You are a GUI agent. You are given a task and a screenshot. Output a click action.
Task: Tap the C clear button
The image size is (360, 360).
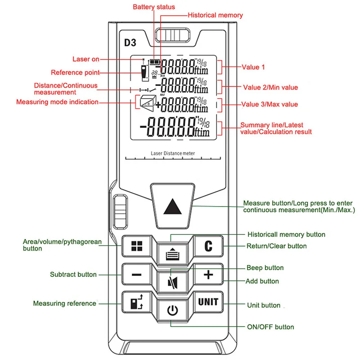[x=208, y=246]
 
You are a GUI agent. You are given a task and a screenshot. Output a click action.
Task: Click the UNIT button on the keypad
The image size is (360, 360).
[x=208, y=302]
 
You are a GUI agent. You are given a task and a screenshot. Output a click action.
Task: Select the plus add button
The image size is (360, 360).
[x=208, y=274]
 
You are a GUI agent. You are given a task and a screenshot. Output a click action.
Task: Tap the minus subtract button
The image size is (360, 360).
[x=137, y=274]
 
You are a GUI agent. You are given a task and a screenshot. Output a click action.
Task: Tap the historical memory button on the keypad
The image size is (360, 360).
[x=173, y=254]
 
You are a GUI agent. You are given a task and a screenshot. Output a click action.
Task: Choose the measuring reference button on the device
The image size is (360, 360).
[x=137, y=302]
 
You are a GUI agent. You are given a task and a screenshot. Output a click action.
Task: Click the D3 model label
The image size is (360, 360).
[x=130, y=43]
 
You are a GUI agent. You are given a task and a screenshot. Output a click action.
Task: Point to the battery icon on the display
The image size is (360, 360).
[x=155, y=62]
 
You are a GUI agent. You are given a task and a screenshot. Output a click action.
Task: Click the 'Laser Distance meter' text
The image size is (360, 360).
[x=173, y=153]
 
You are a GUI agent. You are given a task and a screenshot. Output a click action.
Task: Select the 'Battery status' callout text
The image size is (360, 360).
[x=154, y=7]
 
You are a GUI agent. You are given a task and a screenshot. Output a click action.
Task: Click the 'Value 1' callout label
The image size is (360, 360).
[x=253, y=67]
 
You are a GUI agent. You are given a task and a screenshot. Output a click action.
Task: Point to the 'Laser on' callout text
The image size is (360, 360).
[x=86, y=59]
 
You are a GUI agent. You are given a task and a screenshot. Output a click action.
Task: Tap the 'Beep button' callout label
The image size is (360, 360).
[x=265, y=268]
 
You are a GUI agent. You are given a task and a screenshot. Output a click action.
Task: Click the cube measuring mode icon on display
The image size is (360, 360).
[x=148, y=103]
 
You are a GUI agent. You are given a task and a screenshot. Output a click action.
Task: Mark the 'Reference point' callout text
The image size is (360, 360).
[x=75, y=72]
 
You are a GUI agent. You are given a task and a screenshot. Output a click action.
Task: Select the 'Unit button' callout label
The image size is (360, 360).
[x=264, y=305]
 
